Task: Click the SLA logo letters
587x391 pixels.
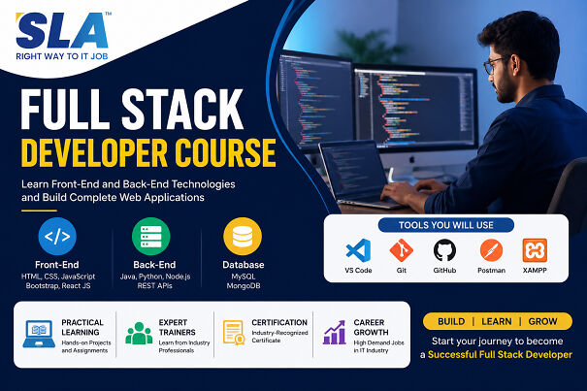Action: [62, 31]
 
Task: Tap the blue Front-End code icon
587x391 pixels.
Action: [57, 237]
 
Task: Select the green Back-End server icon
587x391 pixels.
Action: [150, 237]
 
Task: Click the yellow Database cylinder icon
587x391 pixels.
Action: [243, 237]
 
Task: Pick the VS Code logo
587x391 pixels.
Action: [358, 250]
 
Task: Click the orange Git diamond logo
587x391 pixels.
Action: [402, 250]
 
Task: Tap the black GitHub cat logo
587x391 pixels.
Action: [444, 250]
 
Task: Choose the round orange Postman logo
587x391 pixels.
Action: [491, 250]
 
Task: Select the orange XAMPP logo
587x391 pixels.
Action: [535, 250]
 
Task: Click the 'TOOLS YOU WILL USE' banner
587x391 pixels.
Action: [446, 225]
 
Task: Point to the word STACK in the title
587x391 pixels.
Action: [182, 110]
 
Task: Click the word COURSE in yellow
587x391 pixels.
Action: [225, 152]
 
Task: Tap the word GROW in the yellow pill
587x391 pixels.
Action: [542, 321]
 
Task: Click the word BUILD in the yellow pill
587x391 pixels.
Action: [451, 321]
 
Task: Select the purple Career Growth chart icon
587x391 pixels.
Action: [335, 332]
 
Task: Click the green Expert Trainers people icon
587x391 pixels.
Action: [139, 333]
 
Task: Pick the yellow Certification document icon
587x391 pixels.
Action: [234, 333]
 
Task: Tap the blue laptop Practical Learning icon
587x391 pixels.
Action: [39, 334]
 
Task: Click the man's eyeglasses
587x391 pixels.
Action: [496, 64]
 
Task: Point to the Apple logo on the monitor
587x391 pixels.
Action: [412, 160]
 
